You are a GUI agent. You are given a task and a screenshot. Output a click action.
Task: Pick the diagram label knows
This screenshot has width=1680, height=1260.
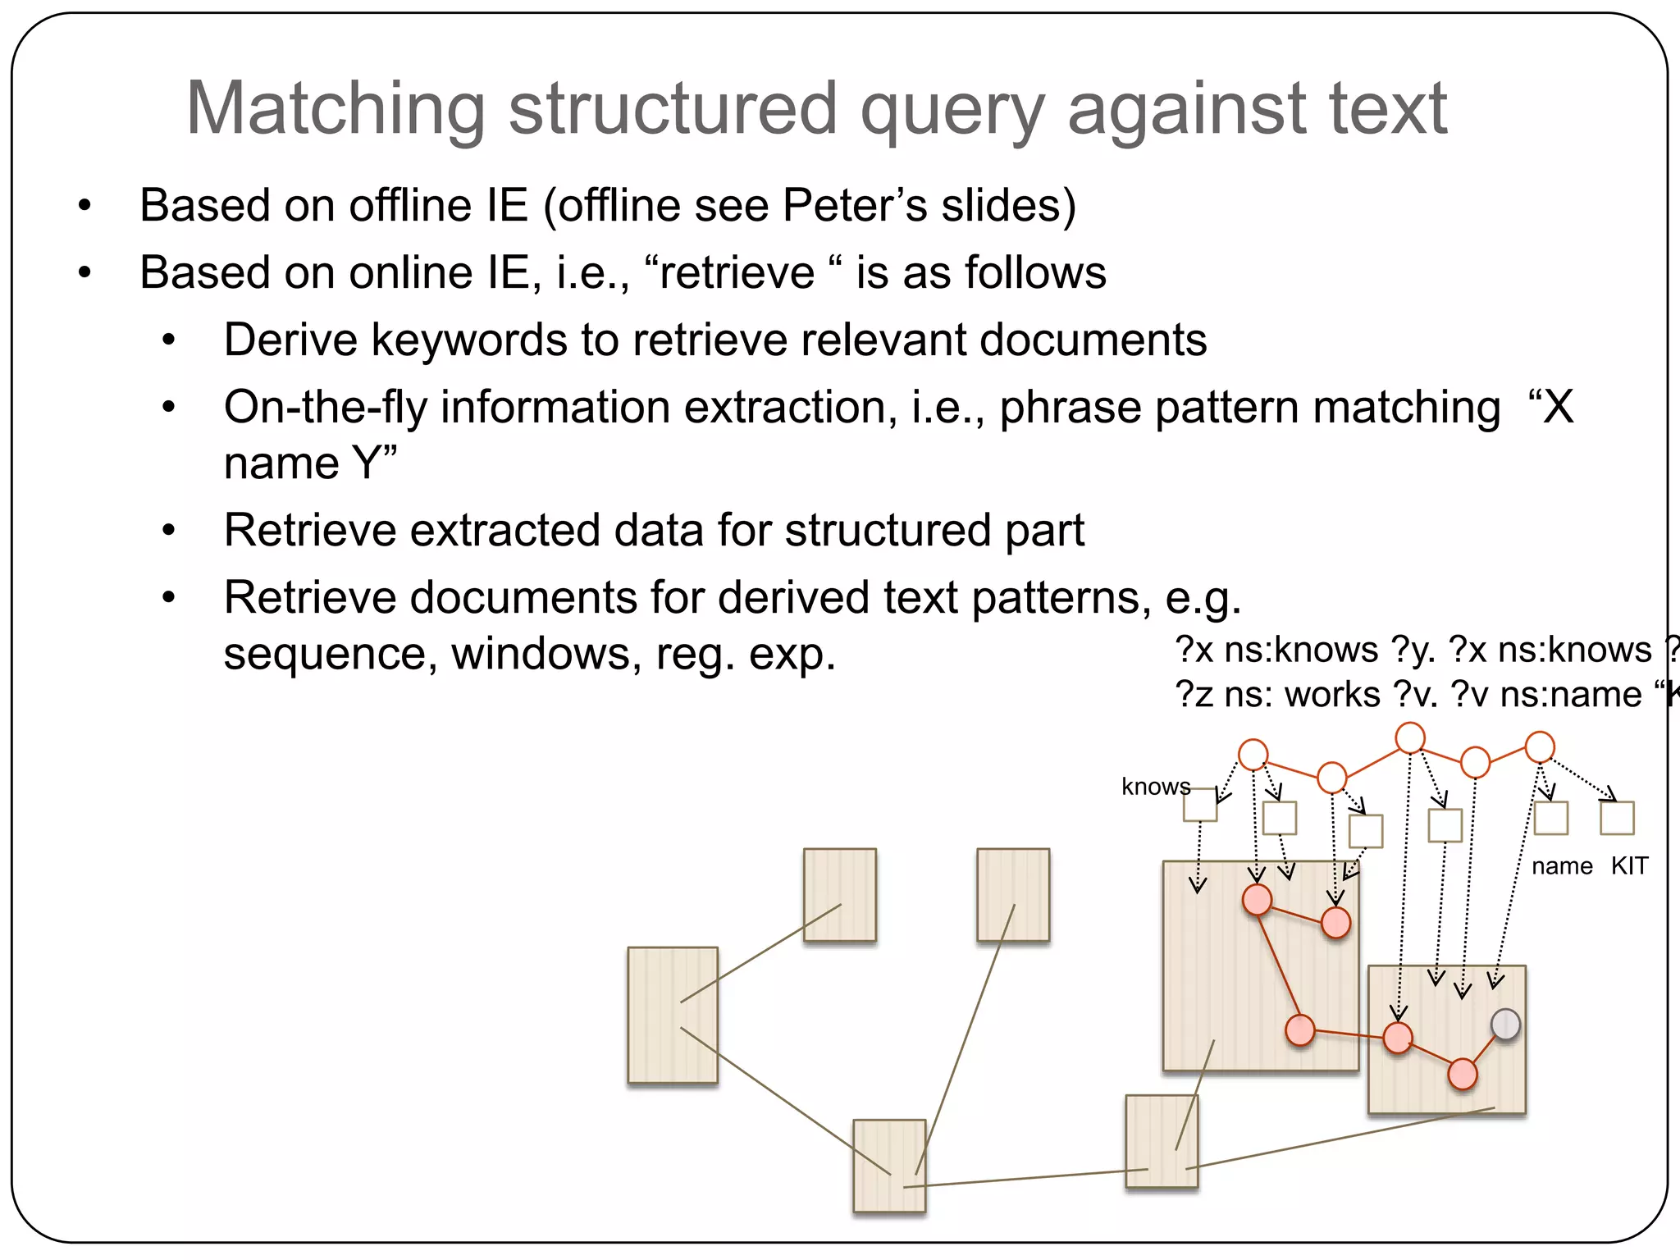(1155, 787)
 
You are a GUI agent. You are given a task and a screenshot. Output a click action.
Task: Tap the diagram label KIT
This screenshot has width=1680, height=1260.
(1629, 866)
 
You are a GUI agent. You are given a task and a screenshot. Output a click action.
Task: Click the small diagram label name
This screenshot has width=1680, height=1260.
(1562, 866)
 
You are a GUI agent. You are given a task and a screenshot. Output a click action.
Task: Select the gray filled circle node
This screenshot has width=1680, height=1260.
(1505, 1025)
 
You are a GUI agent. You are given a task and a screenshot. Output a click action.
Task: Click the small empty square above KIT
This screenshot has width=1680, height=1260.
(1617, 818)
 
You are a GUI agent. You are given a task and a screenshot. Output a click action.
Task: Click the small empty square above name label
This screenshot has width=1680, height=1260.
(1550, 818)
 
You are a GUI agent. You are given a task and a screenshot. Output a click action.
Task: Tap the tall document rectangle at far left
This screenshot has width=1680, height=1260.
(673, 1016)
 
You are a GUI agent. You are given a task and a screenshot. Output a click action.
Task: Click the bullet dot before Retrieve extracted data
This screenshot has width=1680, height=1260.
(169, 531)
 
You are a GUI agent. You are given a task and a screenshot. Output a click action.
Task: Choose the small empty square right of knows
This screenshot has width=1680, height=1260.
(1200, 805)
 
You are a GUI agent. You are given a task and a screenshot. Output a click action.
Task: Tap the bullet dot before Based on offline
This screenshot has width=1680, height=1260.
(84, 205)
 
